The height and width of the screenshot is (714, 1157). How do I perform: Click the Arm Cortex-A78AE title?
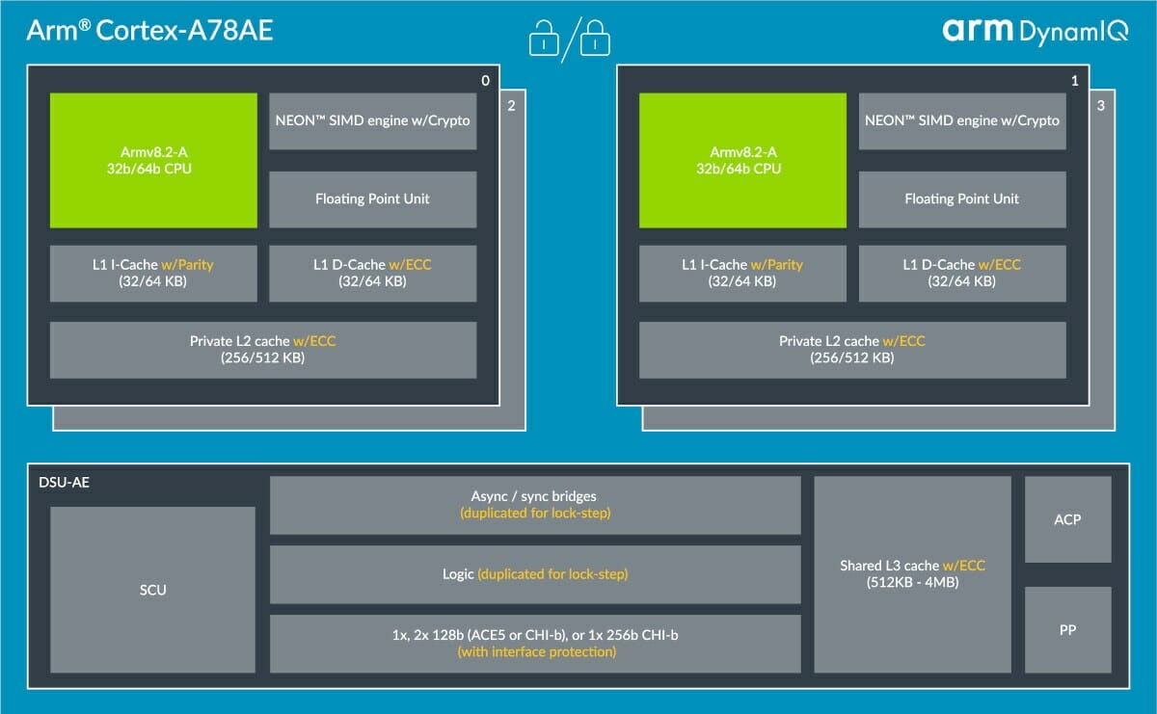pyautogui.click(x=149, y=30)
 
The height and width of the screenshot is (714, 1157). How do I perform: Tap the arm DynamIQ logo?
pyautogui.click(x=1036, y=32)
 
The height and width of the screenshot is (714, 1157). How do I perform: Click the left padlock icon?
pyautogui.click(x=544, y=39)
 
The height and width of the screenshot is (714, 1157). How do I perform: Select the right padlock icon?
pyautogui.click(x=595, y=39)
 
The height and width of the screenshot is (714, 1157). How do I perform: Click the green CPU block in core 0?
pyautogui.click(x=153, y=160)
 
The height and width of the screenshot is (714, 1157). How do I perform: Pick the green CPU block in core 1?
pyautogui.click(x=742, y=160)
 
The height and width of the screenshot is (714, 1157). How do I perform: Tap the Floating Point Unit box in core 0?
pyautogui.click(x=373, y=199)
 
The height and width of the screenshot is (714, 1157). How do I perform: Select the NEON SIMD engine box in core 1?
pyautogui.click(x=962, y=121)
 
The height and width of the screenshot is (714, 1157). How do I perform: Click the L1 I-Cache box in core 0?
pyautogui.click(x=153, y=273)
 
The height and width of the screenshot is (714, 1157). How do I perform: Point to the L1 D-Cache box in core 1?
pyautogui.click(x=962, y=273)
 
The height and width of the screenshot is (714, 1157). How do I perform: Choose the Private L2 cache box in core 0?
pyautogui.click(x=263, y=350)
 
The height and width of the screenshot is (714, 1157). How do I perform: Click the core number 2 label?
pyautogui.click(x=511, y=106)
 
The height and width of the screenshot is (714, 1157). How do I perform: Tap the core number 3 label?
pyautogui.click(x=1101, y=106)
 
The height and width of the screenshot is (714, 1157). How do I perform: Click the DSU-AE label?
pyautogui.click(x=64, y=482)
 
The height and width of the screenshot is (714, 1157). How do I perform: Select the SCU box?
pyautogui.click(x=153, y=590)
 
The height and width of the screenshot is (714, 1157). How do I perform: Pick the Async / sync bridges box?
pyautogui.click(x=535, y=505)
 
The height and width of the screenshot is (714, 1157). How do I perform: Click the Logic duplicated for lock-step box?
pyautogui.click(x=535, y=574)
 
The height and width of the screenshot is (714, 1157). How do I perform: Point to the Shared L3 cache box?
pyautogui.click(x=913, y=574)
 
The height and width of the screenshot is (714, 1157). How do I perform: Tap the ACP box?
pyautogui.click(x=1067, y=519)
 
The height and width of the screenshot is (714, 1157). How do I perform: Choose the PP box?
pyautogui.click(x=1067, y=630)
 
